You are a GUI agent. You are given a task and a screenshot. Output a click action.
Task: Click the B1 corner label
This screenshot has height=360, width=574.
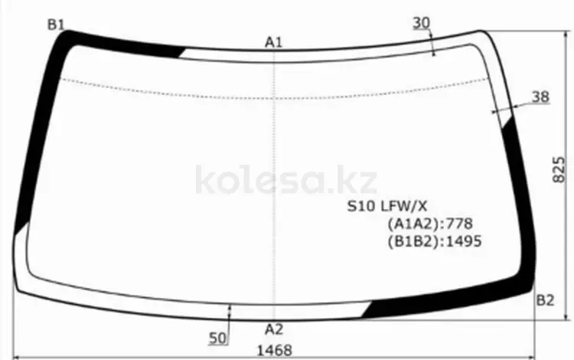click(56, 25)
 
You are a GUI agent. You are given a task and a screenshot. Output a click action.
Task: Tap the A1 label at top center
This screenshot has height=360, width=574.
click(274, 42)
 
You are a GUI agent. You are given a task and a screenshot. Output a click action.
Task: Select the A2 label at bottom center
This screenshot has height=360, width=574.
click(274, 329)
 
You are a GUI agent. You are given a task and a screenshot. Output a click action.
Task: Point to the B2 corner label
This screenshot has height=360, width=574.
click(545, 300)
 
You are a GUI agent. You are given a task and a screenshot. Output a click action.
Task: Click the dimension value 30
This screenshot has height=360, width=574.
click(422, 23)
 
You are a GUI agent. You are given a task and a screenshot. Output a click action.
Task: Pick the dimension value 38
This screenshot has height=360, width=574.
click(540, 97)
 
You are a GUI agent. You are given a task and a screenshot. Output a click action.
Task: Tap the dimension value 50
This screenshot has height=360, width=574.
click(218, 339)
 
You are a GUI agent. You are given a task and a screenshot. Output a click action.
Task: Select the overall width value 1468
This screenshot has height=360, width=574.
click(275, 351)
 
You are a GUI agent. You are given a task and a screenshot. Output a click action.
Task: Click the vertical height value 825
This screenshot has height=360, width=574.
click(558, 169)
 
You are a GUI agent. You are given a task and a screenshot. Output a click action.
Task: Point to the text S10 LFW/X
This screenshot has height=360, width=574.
click(387, 207)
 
